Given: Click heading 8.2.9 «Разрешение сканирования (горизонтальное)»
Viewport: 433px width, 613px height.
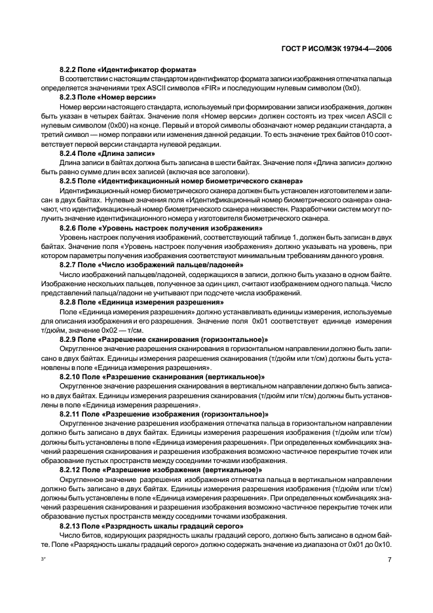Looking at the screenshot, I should click(x=164, y=339).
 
